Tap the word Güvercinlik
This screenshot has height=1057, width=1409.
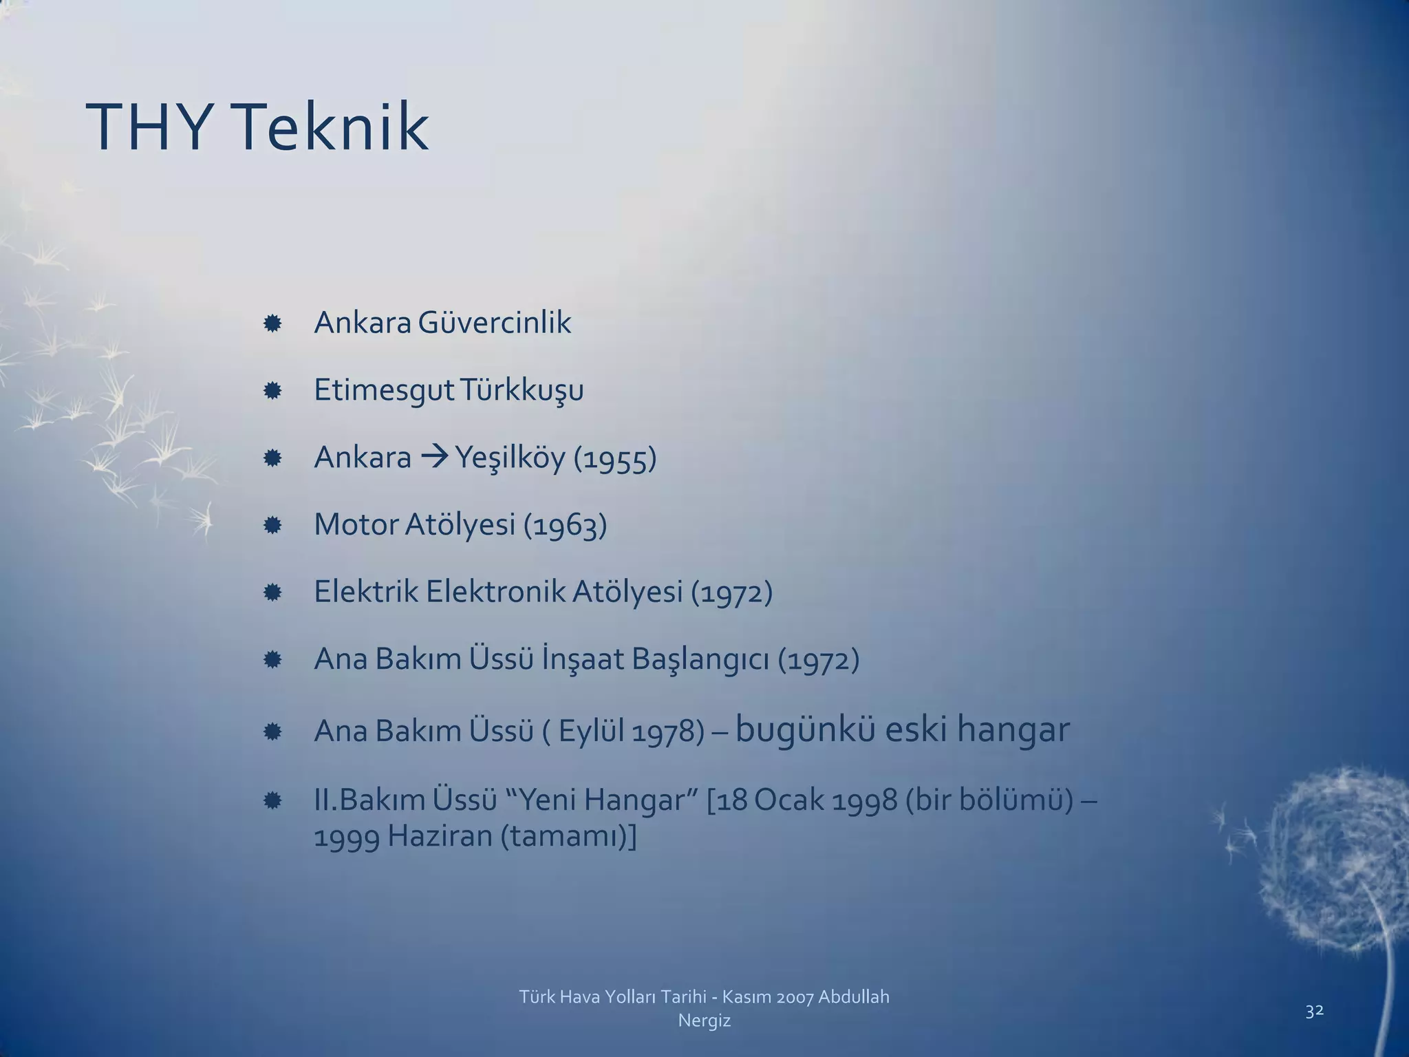coord(494,323)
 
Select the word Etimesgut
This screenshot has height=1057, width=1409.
coord(383,391)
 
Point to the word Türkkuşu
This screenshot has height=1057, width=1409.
coord(521,391)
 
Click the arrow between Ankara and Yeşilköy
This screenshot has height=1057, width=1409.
coord(433,457)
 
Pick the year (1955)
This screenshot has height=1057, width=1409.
coord(615,458)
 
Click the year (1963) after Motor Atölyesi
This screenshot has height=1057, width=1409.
coord(565,525)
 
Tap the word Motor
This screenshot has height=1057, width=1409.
coord(355,524)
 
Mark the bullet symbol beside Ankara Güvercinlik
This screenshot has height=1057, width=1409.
coord(272,323)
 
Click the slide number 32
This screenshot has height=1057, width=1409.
coord(1314,1011)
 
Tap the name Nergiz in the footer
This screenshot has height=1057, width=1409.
coord(704,1021)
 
